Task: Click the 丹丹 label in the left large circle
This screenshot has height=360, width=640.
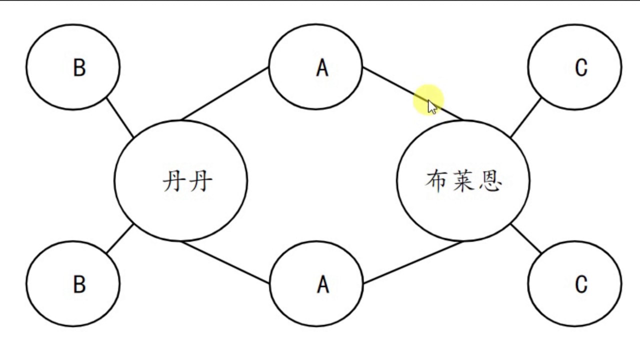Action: tap(187, 181)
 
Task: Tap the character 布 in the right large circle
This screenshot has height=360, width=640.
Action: tap(435, 181)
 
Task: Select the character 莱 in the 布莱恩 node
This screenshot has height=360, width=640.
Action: tap(463, 181)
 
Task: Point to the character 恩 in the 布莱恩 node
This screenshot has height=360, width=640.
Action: tap(490, 181)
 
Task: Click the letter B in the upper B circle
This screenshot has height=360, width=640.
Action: tap(79, 67)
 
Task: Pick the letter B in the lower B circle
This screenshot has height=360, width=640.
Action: tap(79, 284)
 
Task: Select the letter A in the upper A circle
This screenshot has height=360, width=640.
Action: tap(322, 68)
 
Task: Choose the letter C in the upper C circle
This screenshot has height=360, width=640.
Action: tap(581, 67)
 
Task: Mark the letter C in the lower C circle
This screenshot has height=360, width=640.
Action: tap(581, 284)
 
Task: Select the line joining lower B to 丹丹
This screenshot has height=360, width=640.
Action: tap(120, 238)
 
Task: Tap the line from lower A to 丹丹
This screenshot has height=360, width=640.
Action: tap(225, 262)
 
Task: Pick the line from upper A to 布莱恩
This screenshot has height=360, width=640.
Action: tap(395, 85)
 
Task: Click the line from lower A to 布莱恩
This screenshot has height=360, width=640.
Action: tap(412, 262)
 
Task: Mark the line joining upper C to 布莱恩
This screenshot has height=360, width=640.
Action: tap(525, 118)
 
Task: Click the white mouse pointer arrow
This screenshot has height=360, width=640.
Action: tap(431, 106)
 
